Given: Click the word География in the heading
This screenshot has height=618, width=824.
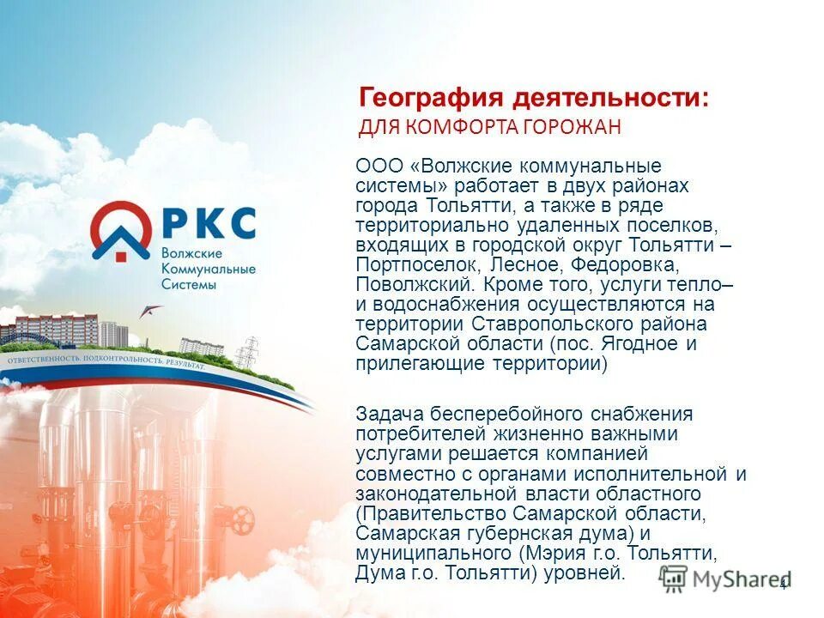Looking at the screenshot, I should click(x=420, y=97).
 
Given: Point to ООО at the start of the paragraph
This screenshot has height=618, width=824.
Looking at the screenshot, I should click(x=373, y=166).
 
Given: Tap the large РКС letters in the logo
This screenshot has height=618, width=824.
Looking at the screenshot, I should click(x=208, y=222).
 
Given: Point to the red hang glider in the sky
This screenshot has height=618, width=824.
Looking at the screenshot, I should click(x=151, y=312).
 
